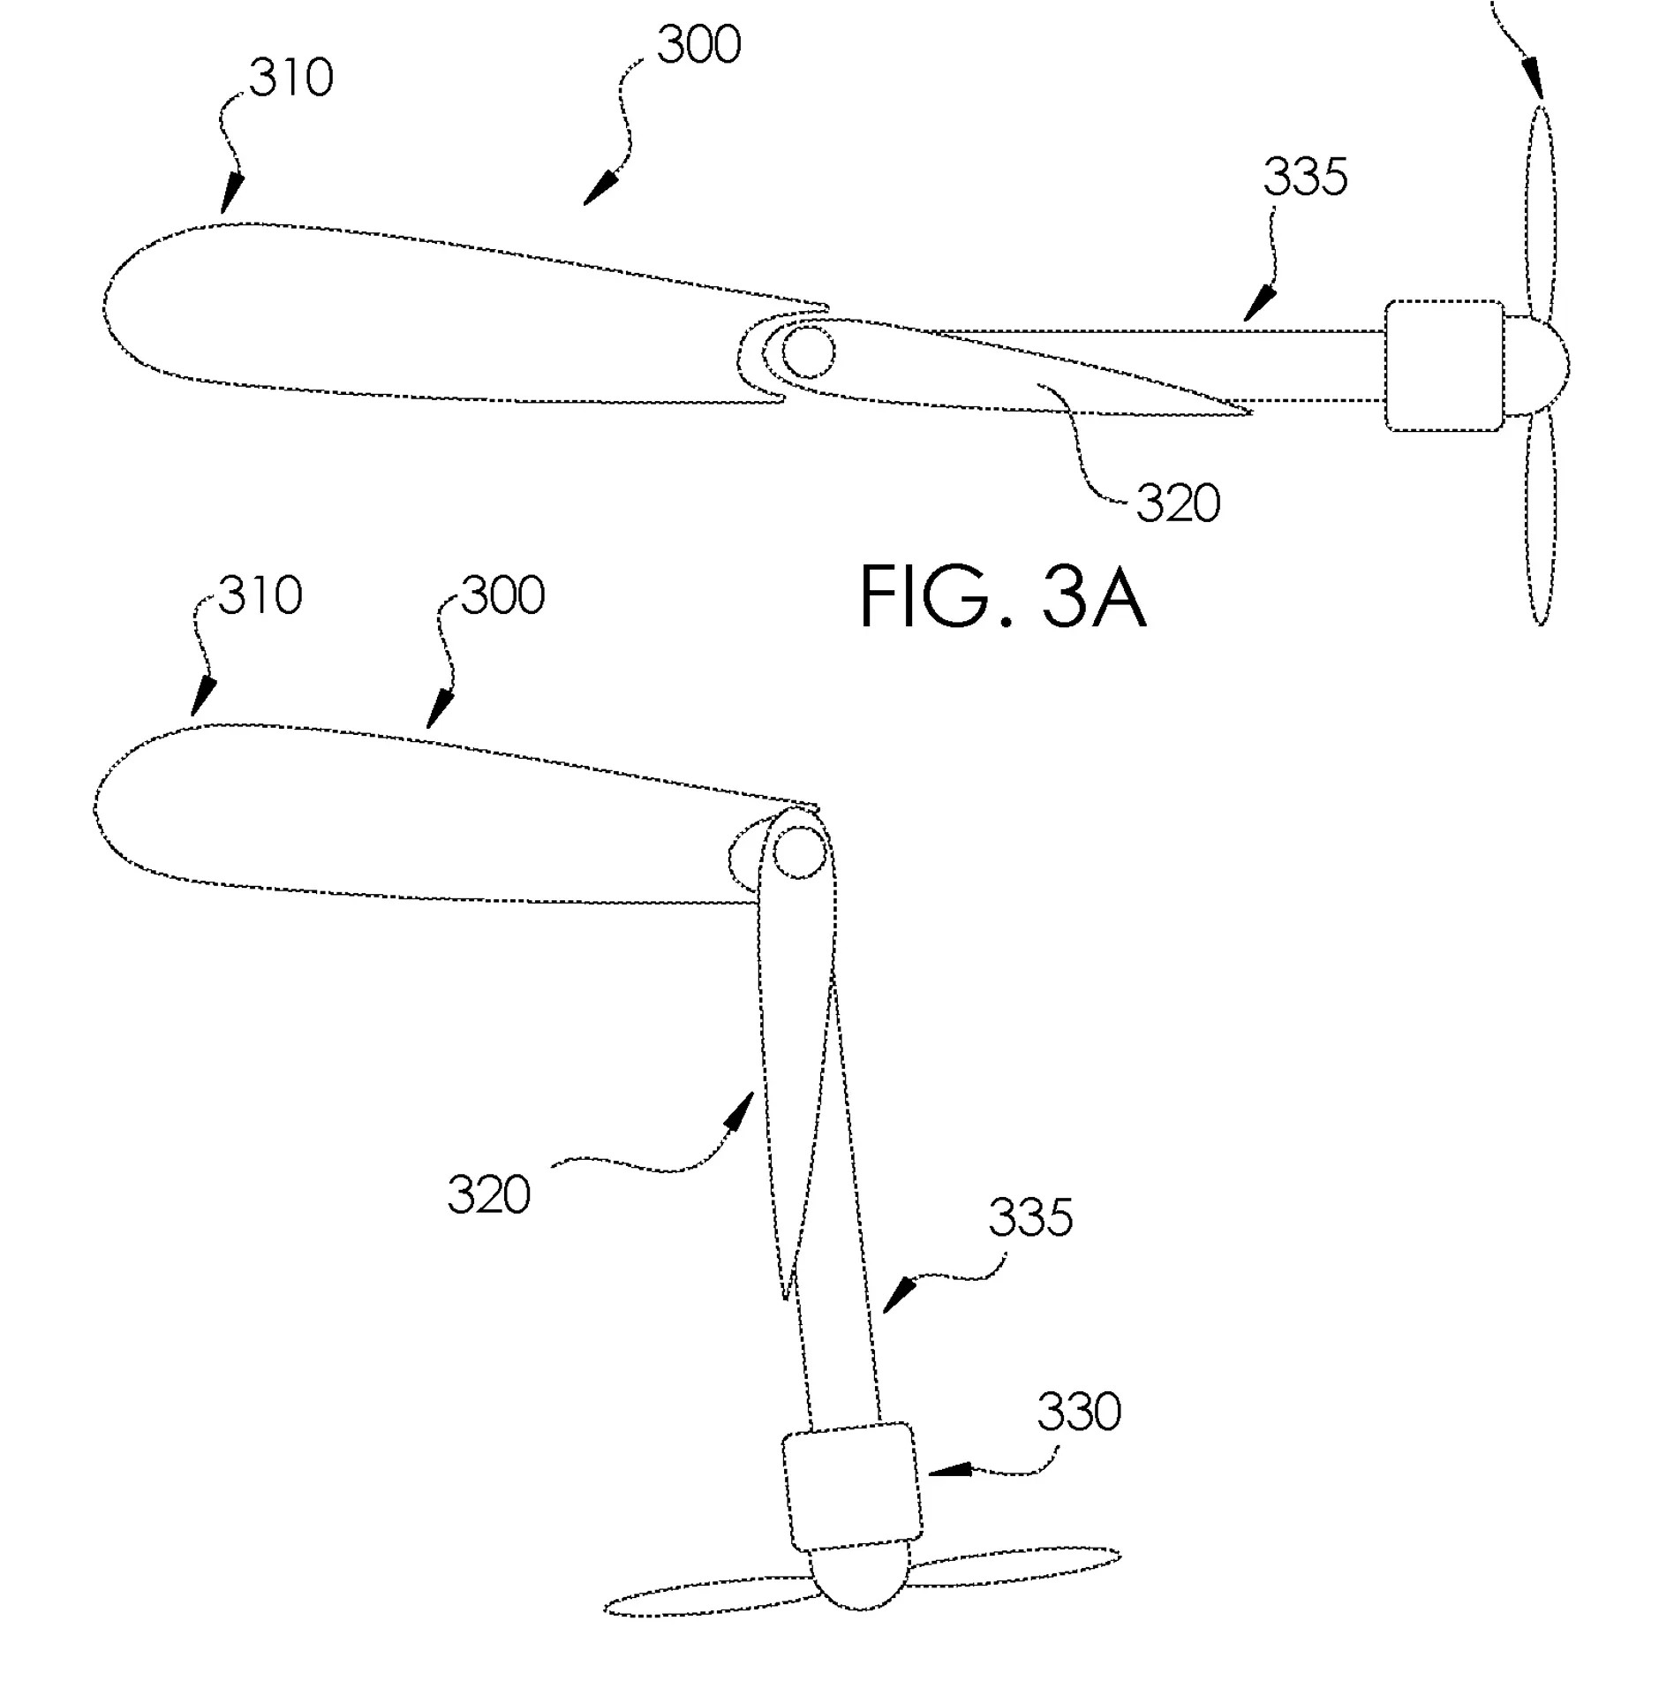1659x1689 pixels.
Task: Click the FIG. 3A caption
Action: [x=1003, y=597]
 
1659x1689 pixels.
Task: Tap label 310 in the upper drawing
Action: [x=290, y=78]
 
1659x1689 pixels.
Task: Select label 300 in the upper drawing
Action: [x=698, y=45]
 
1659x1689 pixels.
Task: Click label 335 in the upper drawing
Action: [x=1305, y=177]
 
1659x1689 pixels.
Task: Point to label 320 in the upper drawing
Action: [x=1178, y=504]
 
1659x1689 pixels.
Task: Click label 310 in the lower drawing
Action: [x=260, y=595]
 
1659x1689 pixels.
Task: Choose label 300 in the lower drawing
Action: [x=503, y=595]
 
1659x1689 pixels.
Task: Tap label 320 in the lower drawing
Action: [x=488, y=1195]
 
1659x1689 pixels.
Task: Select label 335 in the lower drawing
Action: [x=1030, y=1217]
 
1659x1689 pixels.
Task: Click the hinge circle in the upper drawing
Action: [x=808, y=352]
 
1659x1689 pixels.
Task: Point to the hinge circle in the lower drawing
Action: [x=800, y=852]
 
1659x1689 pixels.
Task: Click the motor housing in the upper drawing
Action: [x=1444, y=366]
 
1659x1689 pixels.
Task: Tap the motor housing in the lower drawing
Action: [x=852, y=1487]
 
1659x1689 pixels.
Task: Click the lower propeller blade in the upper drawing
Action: [x=1541, y=519]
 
